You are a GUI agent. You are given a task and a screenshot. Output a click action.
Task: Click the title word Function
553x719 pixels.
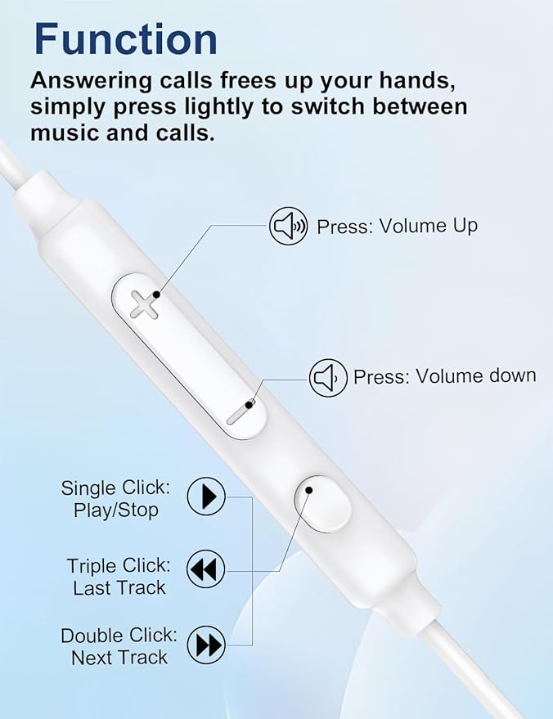[126, 39]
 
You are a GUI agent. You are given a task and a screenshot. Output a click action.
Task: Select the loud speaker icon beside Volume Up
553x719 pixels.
[289, 226]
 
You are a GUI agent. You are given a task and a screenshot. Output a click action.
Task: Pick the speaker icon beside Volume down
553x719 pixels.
[328, 378]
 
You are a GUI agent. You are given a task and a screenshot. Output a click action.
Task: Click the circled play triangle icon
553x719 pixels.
[206, 496]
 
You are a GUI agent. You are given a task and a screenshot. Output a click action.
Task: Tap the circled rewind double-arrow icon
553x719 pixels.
[206, 569]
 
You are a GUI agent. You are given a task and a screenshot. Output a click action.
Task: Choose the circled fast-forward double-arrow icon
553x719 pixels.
[206, 645]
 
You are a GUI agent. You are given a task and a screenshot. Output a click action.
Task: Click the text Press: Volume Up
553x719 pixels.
[397, 227]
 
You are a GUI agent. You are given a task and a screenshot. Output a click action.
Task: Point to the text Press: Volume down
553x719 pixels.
[444, 376]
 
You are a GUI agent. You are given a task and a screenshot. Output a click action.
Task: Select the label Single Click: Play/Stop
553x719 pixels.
[116, 499]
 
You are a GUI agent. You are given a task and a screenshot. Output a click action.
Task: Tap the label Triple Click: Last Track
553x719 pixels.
[119, 577]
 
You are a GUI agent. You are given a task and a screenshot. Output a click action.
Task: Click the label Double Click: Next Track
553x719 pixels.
[119, 646]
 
